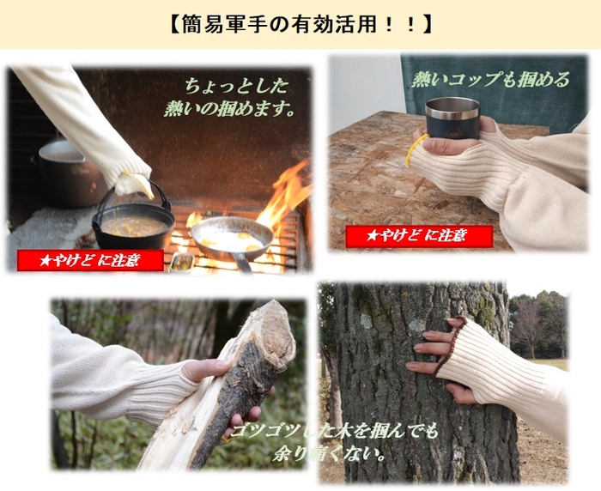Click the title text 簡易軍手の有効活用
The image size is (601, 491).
tap(300, 25)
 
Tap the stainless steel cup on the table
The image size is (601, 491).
tap(452, 118)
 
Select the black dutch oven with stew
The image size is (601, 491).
tap(133, 227)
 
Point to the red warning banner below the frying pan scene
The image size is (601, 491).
tap(90, 260)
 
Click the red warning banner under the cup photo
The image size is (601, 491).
tap(419, 236)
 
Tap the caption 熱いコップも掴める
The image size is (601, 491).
tap(491, 80)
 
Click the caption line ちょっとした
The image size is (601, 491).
tap(236, 86)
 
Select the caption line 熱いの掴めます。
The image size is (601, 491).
tap(230, 109)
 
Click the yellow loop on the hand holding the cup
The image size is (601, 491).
tap(415, 149)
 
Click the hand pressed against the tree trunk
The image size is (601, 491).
tap(439, 356)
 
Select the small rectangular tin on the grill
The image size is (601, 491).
tap(181, 262)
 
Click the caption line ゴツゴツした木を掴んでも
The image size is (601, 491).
tap(333, 432)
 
